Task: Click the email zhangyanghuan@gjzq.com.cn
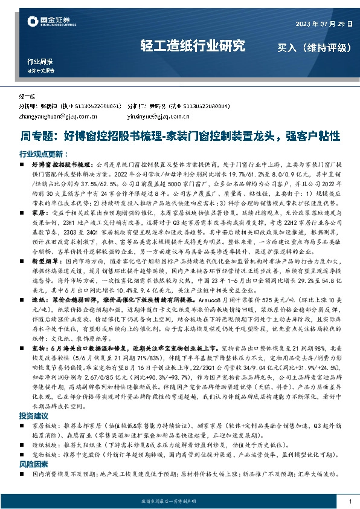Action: pos(55,114)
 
